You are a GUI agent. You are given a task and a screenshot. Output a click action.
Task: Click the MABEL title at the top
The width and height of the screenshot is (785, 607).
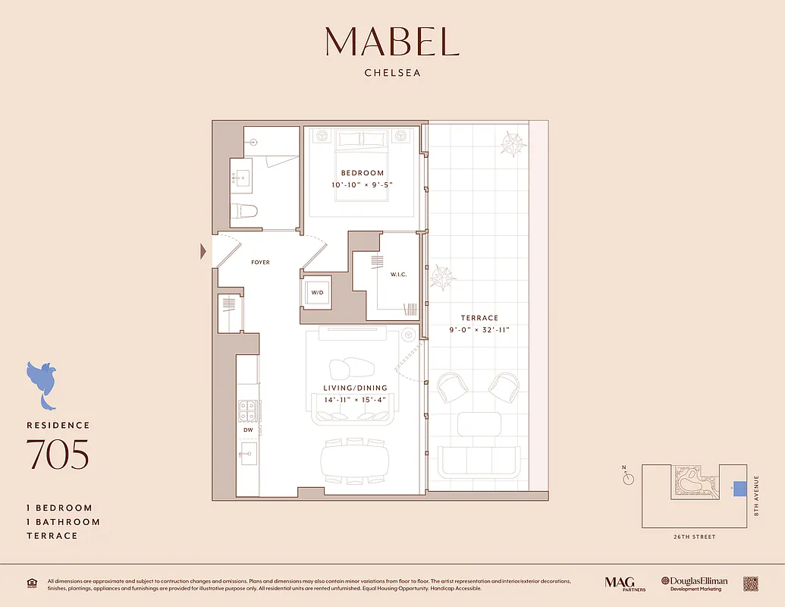coord(392,42)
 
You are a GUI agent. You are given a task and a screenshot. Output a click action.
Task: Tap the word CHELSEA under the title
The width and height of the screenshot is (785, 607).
coord(392,74)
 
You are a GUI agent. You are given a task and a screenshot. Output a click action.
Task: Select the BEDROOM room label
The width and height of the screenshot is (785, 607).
coord(362,173)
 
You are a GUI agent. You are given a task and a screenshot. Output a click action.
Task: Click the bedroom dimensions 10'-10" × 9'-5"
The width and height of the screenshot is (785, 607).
coord(362,185)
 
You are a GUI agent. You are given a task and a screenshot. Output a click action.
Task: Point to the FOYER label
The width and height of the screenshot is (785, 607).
coord(260,263)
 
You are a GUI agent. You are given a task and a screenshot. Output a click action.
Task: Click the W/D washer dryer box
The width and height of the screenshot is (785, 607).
coord(316,292)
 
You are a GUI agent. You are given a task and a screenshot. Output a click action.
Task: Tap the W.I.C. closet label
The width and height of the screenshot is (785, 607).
coord(399,275)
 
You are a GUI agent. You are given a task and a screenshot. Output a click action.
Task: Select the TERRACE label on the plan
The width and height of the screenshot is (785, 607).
coord(479,318)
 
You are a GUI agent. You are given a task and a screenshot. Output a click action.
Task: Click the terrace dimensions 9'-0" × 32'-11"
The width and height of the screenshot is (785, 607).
coord(479,330)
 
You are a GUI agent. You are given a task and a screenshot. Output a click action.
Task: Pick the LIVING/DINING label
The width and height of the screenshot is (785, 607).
coord(355,388)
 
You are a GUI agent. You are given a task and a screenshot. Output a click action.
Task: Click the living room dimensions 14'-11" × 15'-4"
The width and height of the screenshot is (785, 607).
coord(355,400)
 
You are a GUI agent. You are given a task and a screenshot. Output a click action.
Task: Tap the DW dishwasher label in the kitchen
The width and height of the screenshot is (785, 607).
coord(248,430)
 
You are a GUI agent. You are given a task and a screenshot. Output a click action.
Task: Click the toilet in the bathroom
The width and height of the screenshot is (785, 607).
coord(246,211)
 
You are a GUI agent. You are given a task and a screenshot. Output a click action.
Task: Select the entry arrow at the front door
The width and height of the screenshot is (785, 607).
coord(203,251)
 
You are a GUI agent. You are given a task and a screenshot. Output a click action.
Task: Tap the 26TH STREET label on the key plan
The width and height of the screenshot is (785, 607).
coord(693,537)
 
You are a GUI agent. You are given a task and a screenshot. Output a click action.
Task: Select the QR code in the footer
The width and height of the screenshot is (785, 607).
coord(750,583)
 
